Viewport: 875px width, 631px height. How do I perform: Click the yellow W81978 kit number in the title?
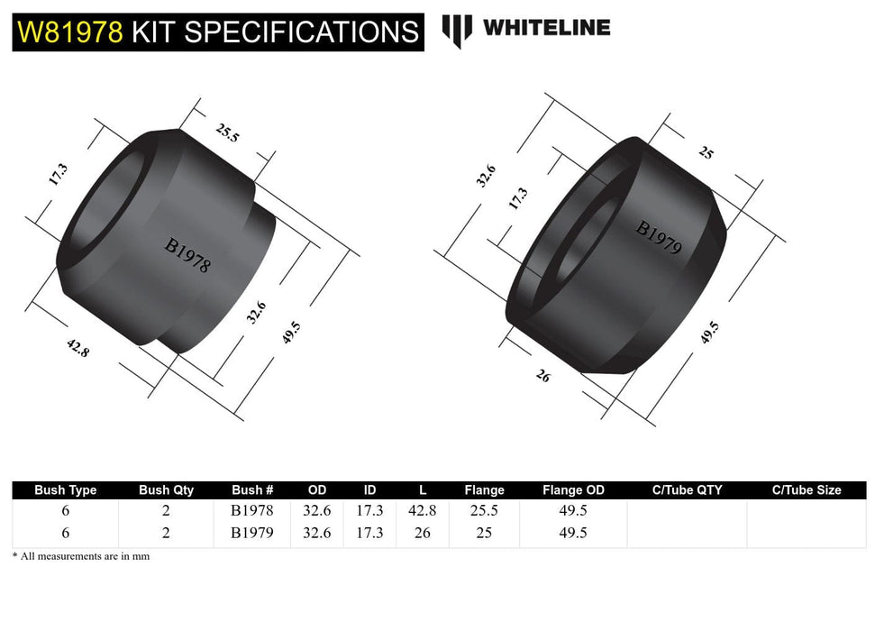tap(68, 32)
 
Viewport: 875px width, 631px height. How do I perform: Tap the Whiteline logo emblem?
tap(457, 31)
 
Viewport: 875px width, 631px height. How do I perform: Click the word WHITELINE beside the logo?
tap(546, 28)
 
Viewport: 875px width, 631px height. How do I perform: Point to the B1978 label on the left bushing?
tap(187, 254)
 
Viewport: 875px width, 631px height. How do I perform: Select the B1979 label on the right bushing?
tap(659, 237)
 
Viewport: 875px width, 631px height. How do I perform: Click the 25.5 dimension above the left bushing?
tap(227, 133)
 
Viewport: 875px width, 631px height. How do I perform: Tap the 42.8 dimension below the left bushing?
tap(77, 346)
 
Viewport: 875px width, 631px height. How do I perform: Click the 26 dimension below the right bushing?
tap(542, 376)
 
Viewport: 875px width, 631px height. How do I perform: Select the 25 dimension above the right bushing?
tap(706, 153)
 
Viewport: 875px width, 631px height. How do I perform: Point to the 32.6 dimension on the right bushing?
tap(486, 175)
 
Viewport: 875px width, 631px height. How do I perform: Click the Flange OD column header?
tap(573, 490)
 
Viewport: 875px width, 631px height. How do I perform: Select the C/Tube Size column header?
tap(806, 490)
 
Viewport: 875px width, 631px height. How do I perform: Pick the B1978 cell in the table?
tap(252, 510)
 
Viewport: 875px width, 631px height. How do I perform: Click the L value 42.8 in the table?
tap(422, 510)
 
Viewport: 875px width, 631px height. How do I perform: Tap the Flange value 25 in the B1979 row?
tap(484, 533)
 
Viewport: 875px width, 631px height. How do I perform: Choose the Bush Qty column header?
tap(166, 490)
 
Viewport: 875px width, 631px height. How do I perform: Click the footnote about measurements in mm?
tap(81, 556)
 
